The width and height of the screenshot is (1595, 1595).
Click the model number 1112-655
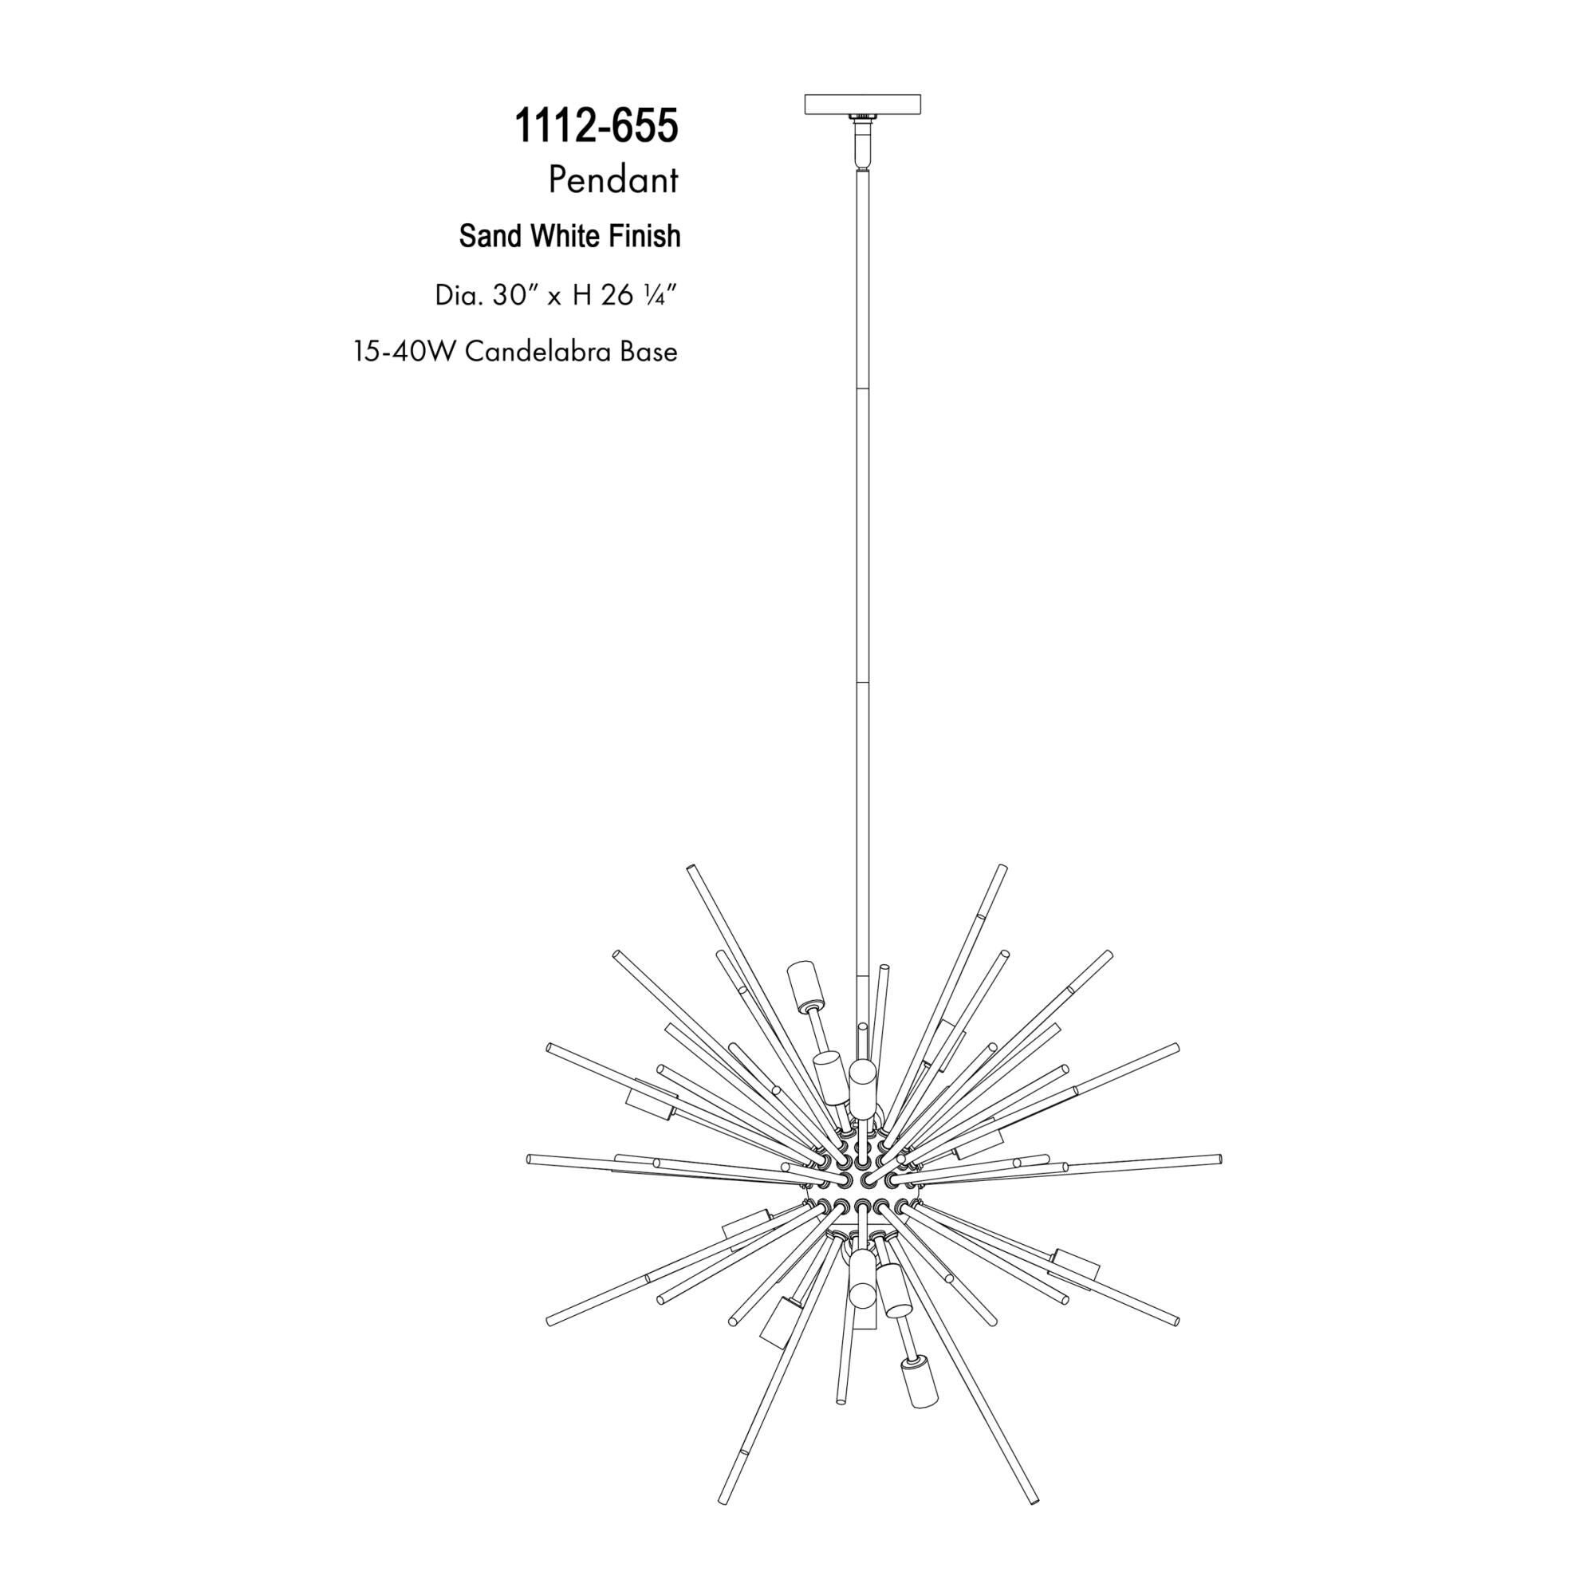(x=596, y=126)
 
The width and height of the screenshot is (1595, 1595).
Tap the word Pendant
(x=612, y=181)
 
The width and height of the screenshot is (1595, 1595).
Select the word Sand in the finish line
(x=491, y=236)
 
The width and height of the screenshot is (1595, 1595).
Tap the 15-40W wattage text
(x=405, y=352)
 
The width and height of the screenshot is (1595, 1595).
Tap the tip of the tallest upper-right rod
(x=1002, y=869)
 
